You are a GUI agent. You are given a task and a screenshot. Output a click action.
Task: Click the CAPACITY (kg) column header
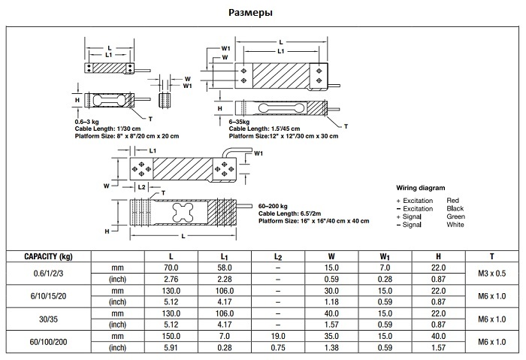47,256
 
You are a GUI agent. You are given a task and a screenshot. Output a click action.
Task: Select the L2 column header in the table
277,256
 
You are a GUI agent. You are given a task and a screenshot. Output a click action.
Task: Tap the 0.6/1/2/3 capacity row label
47,274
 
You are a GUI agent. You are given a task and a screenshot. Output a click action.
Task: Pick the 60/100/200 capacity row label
47,341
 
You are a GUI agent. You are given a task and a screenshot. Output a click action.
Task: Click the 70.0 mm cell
171,268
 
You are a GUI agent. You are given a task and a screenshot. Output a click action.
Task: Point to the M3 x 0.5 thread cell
491,274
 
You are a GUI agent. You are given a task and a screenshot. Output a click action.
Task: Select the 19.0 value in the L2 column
277,335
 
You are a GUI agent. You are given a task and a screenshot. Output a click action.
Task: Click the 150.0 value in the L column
171,335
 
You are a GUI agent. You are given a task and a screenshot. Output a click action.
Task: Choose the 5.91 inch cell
171,347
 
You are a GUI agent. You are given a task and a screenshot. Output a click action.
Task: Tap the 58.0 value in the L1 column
224,268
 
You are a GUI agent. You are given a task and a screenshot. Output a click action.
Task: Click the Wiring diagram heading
421,187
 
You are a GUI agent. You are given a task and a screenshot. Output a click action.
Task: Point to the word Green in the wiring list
456,216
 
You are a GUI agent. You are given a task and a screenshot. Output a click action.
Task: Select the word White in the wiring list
455,225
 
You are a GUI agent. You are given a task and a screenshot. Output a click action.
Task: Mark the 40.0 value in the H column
439,335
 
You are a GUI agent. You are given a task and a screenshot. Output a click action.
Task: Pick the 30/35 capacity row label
47,319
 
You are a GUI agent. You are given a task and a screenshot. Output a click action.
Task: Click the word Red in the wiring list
452,201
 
